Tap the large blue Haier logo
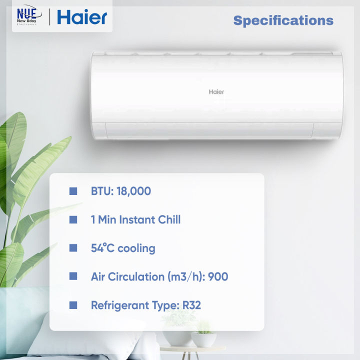tap(82, 17)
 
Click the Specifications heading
tap(283, 20)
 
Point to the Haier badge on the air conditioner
tap(216, 92)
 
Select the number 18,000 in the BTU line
tap(135, 191)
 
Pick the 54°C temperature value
tap(102, 248)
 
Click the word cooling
tap(137, 248)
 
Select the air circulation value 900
tap(218, 276)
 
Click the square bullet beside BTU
tap(73, 191)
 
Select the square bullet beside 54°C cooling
tap(73, 248)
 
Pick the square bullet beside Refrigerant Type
tap(73, 305)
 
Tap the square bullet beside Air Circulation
tap(73, 276)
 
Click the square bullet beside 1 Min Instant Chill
tap(73, 219)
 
